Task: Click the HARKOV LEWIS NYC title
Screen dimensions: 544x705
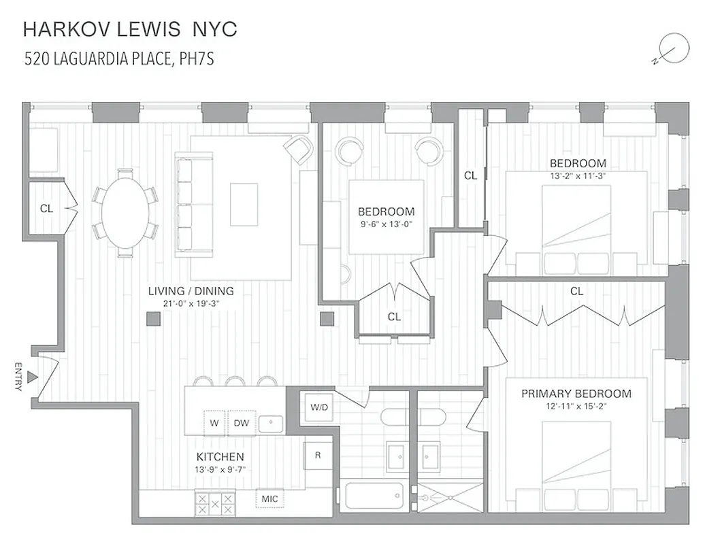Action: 130,29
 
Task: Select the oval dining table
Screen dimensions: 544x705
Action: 125,212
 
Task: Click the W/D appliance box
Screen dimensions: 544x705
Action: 319,408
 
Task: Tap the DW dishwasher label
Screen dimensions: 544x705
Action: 242,422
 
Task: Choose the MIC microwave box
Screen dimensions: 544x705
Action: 270,498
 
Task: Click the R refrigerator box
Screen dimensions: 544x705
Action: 318,455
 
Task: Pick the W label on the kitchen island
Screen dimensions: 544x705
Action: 214,422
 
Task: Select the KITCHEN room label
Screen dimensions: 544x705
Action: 220,457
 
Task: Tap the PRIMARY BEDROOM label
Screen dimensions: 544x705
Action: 576,394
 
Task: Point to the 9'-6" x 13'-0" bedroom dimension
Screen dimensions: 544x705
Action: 386,224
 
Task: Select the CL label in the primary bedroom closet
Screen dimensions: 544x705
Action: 576,291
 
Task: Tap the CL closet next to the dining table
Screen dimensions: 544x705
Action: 46,209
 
